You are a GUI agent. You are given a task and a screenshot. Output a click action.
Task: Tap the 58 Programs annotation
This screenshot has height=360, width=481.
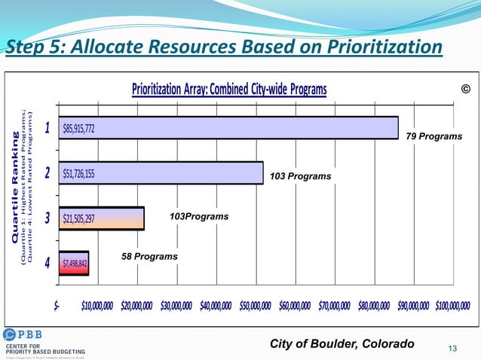[149, 257]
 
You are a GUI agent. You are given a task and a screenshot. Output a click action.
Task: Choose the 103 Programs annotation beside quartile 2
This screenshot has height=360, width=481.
[300, 175]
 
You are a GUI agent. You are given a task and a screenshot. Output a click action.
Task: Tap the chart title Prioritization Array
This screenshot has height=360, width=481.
[229, 90]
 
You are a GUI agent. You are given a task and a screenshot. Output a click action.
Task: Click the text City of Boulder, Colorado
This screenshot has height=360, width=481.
[342, 344]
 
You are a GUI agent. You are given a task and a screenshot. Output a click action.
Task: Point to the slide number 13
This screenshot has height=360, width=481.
[453, 347]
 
